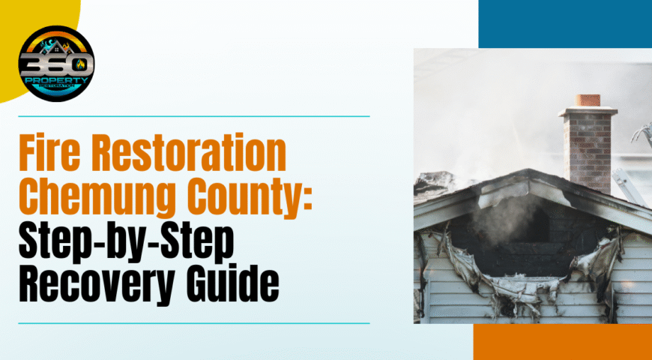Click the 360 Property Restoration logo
click(x=56, y=64)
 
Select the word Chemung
click(x=97, y=198)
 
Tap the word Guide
click(x=233, y=283)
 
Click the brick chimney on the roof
click(x=588, y=145)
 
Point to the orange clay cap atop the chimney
click(x=588, y=100)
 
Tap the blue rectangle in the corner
click(x=565, y=24)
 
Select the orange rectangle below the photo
click(x=563, y=342)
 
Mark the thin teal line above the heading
click(x=194, y=116)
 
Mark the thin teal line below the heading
click(x=194, y=323)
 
